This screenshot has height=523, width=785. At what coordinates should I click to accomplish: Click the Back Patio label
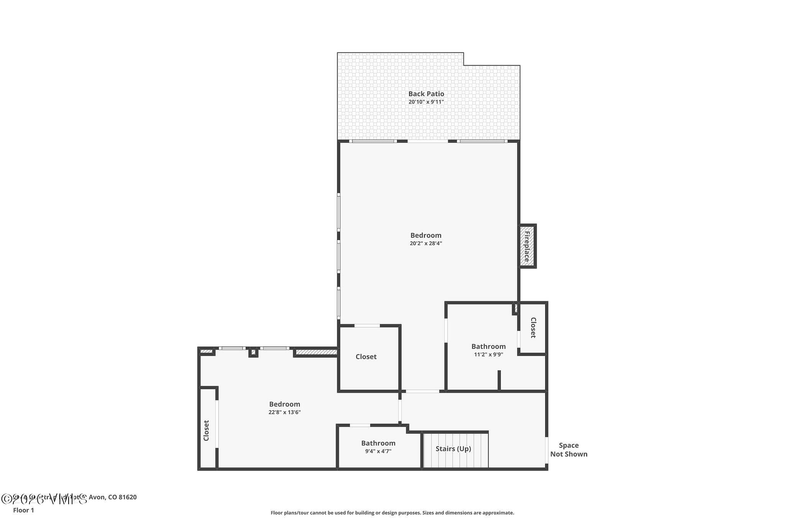click(x=426, y=93)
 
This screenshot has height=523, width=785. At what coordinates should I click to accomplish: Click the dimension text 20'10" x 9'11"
click(x=426, y=102)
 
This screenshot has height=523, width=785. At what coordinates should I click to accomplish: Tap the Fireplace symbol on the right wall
click(x=527, y=246)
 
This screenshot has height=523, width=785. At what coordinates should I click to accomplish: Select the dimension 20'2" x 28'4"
click(x=426, y=243)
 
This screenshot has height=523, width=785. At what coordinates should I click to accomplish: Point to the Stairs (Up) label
click(x=453, y=449)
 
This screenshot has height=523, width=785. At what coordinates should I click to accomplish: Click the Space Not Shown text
click(x=569, y=449)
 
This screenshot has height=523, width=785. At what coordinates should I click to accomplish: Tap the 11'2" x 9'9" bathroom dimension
click(x=488, y=355)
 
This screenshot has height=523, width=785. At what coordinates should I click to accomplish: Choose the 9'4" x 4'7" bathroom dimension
click(x=378, y=451)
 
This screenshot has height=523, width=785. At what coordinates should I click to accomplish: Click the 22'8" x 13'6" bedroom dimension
click(x=284, y=413)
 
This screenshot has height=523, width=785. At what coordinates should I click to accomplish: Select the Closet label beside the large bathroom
click(x=533, y=328)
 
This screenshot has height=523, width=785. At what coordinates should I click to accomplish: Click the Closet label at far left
click(x=206, y=431)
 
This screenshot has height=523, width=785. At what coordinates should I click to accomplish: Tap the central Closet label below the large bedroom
click(x=366, y=357)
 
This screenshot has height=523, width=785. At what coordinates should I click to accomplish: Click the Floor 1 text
click(x=23, y=510)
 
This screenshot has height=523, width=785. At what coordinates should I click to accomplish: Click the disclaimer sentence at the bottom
click(x=392, y=513)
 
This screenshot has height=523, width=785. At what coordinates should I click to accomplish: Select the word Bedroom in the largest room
click(x=426, y=235)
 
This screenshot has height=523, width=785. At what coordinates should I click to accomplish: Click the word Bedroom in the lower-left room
click(x=284, y=404)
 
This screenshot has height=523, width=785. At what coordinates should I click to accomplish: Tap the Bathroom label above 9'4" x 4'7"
click(x=378, y=443)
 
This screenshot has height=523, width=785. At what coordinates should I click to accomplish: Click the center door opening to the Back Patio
click(x=428, y=141)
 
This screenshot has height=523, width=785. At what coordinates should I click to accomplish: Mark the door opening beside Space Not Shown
click(x=547, y=450)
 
